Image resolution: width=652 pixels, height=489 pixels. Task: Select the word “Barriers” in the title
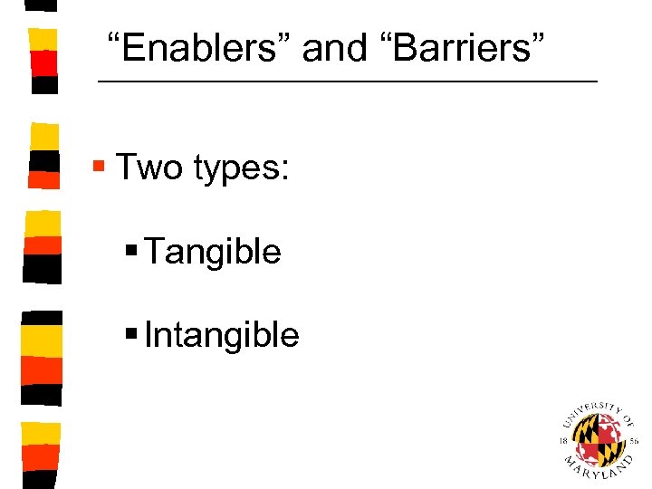[454, 48]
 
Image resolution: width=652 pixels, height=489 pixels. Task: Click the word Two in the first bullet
[149, 168]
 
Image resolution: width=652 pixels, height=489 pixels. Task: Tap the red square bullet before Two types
[101, 167]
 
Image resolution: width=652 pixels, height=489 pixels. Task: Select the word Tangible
[213, 252]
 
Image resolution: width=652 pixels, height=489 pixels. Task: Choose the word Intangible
[222, 335]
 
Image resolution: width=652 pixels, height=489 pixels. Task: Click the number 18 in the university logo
[563, 440]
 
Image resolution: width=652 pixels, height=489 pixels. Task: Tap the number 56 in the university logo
[634, 441]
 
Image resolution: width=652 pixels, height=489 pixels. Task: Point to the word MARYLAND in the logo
[599, 471]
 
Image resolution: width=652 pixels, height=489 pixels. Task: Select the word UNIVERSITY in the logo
[589, 411]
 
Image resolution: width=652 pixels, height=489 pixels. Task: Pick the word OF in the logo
[626, 418]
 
